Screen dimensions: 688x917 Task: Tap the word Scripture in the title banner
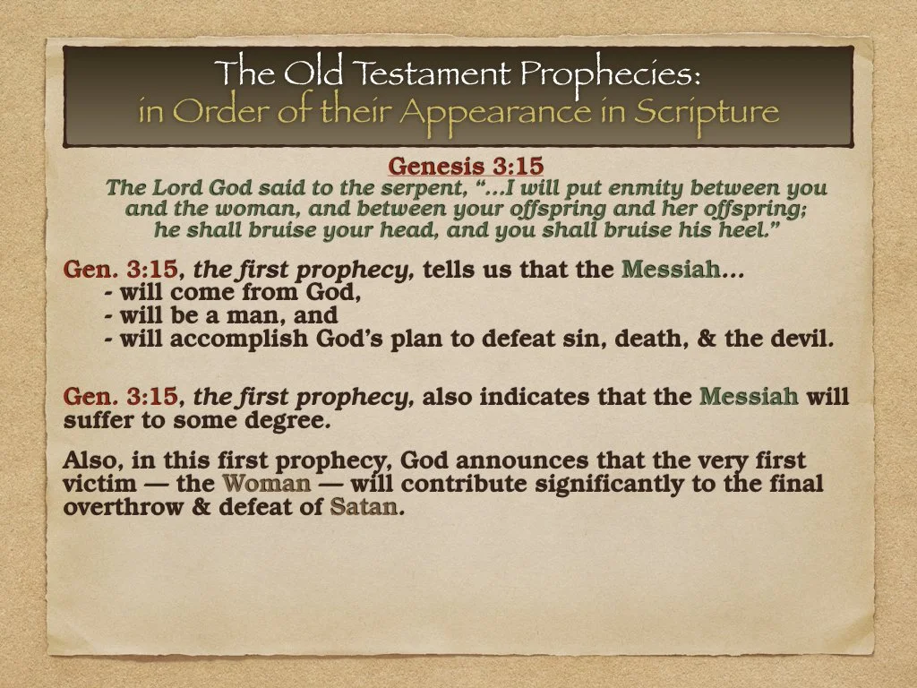[707, 112]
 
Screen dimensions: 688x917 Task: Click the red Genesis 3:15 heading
[466, 167]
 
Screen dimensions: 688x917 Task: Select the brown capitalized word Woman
[267, 485]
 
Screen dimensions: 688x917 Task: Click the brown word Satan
[362, 507]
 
